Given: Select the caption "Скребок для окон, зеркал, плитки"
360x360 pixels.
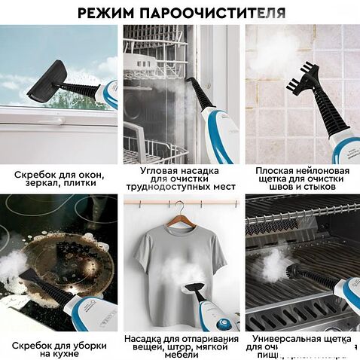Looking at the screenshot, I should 59,179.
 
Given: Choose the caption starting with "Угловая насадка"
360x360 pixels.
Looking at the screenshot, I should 180,178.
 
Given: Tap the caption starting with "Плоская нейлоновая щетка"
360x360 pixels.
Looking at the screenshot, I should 302,178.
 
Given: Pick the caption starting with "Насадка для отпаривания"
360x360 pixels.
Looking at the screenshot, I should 180,344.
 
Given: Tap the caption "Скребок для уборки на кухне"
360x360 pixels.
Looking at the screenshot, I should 59,349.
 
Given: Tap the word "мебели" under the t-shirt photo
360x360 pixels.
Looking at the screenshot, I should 180,354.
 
